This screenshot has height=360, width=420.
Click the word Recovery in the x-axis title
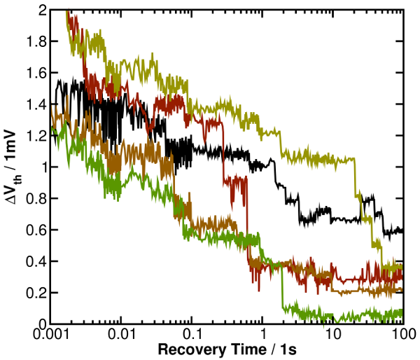pyautogui.click(x=187, y=348)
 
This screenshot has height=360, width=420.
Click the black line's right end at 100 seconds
pyautogui.click(x=402, y=230)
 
